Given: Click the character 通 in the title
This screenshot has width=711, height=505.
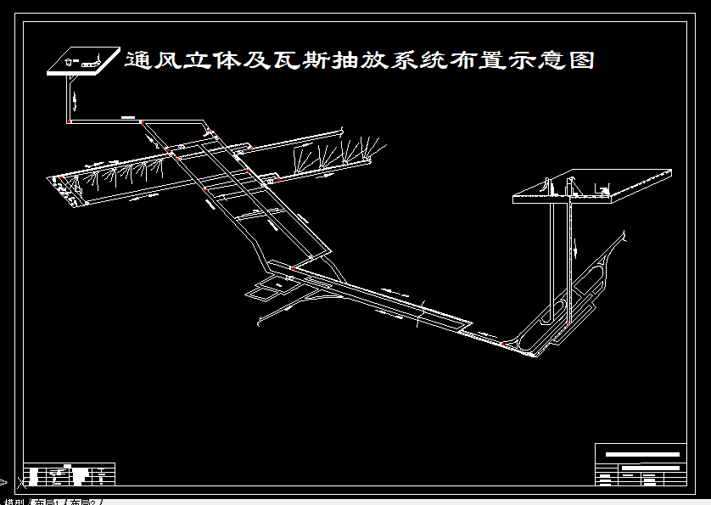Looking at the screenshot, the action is tap(138, 60).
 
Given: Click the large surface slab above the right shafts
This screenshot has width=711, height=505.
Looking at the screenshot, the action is tap(594, 188).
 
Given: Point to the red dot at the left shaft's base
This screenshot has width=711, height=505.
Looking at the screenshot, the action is tap(68, 121).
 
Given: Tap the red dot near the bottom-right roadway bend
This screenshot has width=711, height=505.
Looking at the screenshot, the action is tap(502, 344).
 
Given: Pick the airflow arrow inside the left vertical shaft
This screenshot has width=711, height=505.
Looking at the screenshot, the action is tap(76, 100).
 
